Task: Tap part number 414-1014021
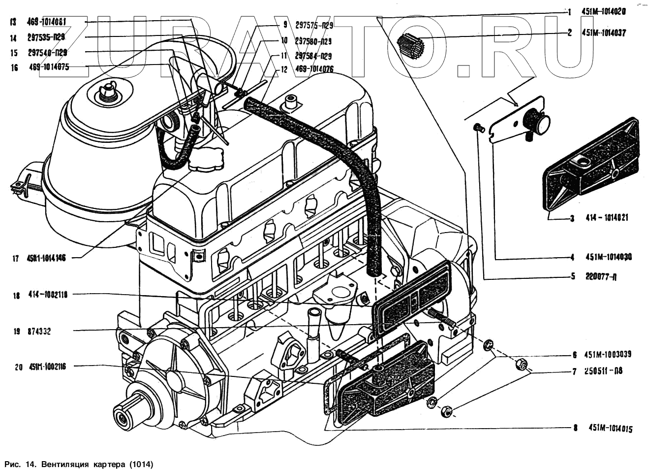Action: tap(606, 218)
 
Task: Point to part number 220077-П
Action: tap(601, 276)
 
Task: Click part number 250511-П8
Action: tap(604, 371)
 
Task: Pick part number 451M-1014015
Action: tap(610, 429)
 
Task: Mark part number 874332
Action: tap(39, 332)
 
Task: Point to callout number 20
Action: tap(18, 367)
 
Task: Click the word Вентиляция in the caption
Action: tap(64, 464)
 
